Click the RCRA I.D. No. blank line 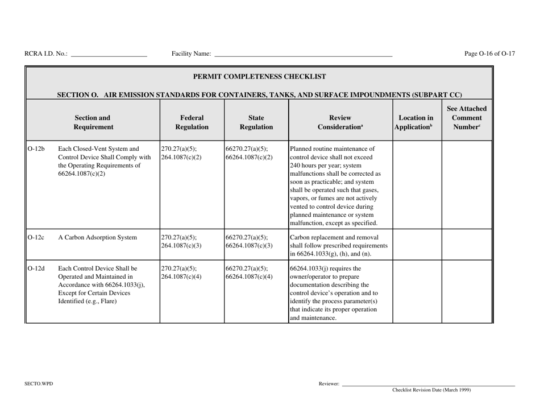pos(109,56)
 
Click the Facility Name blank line pos(303,56)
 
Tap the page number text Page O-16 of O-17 pos(489,54)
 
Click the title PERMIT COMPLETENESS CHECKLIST pos(260,76)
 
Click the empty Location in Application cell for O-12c pos(417,245)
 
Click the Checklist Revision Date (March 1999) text pos(431,390)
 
